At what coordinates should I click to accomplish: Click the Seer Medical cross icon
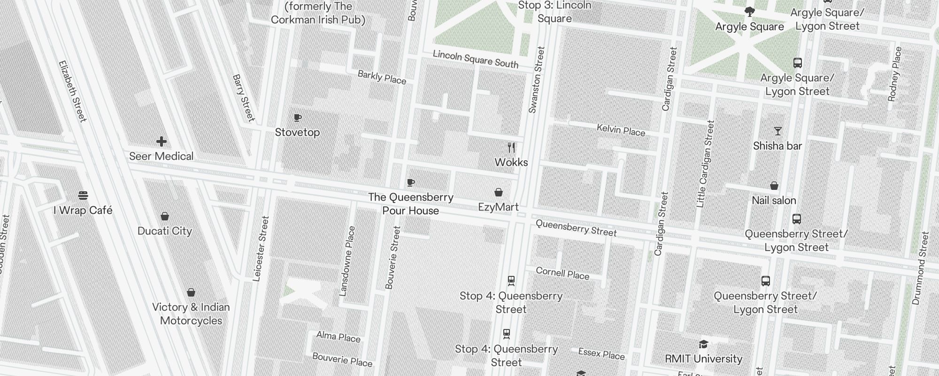(x=162, y=141)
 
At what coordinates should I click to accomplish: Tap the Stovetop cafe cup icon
(x=297, y=117)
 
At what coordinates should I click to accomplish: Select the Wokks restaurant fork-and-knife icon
(x=511, y=148)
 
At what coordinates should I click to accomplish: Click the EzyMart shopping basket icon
(x=499, y=192)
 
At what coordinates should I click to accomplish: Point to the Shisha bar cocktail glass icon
(x=777, y=131)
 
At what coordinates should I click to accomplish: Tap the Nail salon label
(x=774, y=201)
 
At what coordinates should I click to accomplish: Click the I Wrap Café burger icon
(x=83, y=195)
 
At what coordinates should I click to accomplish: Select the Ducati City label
(x=165, y=231)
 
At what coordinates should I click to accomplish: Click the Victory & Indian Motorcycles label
(x=191, y=314)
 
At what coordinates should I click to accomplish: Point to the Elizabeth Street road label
(x=72, y=91)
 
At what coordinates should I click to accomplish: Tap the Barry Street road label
(x=244, y=98)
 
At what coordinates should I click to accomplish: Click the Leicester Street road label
(x=261, y=249)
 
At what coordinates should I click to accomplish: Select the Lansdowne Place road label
(x=347, y=261)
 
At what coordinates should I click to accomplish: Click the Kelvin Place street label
(x=621, y=130)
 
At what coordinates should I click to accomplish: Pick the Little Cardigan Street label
(x=705, y=164)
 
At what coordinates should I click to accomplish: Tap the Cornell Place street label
(x=562, y=274)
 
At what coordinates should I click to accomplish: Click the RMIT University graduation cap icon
(x=703, y=345)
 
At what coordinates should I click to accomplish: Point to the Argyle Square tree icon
(x=749, y=12)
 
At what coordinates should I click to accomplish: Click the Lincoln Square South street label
(x=475, y=59)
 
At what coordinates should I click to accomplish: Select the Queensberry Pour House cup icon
(x=411, y=182)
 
